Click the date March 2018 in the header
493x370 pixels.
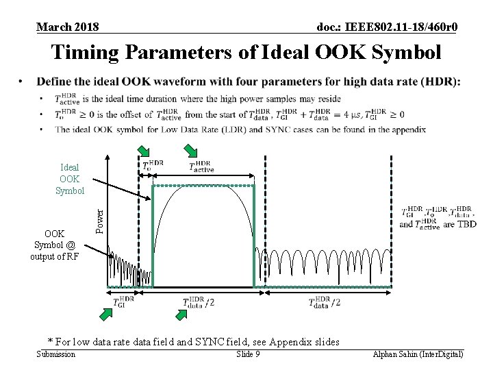coord(67,27)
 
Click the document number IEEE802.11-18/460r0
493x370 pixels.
coord(388,27)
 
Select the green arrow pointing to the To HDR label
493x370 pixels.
coord(144,151)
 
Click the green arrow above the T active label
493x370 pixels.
coord(190,150)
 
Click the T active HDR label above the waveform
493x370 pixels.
coord(202,166)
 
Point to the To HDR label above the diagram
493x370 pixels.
coord(153,166)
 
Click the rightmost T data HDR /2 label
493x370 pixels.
coord(325,301)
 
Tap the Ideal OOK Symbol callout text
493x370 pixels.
coord(69,179)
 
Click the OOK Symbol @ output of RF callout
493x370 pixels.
coord(55,245)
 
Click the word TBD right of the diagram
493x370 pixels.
coord(467,223)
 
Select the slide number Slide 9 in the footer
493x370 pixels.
coord(247,354)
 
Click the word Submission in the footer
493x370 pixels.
coord(55,354)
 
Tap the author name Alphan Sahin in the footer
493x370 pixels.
coord(395,354)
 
